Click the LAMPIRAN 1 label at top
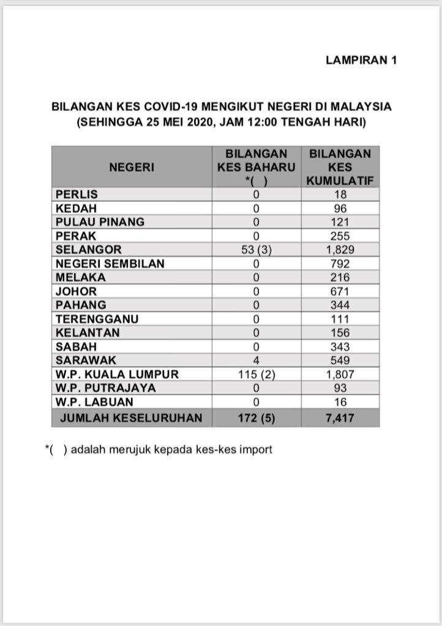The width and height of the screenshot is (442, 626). [x=361, y=60]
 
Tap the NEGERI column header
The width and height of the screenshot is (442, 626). [x=132, y=167]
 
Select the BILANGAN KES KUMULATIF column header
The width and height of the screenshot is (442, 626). [x=340, y=167]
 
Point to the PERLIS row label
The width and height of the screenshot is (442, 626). [x=77, y=194]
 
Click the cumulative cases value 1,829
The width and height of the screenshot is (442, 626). [x=340, y=250]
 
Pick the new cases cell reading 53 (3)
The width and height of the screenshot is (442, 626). [x=257, y=250]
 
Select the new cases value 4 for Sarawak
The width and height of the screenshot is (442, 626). [x=257, y=361]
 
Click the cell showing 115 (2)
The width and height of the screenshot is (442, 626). [x=257, y=375]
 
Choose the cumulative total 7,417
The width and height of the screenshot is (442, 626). [x=340, y=418]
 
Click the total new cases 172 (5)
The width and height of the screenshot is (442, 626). [x=257, y=418]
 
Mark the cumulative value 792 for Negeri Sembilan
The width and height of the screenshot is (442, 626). [x=340, y=264]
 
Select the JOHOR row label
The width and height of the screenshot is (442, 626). [x=77, y=292]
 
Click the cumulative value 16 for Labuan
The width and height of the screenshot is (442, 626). [x=340, y=402]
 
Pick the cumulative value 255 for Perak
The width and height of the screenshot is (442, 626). [x=340, y=236]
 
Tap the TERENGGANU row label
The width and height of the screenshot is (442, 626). [x=97, y=319]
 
